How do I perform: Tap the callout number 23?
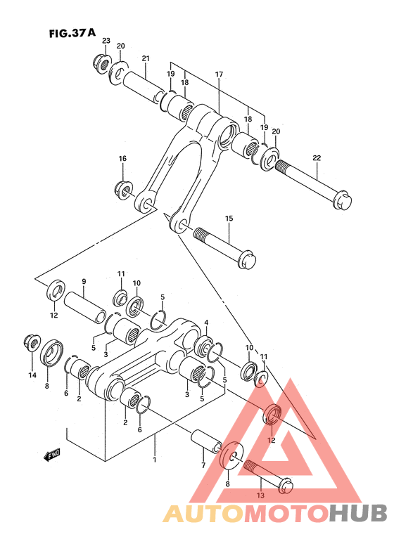[x=106, y=41]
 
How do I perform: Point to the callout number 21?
[x=146, y=58]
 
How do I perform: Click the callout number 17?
[x=219, y=74]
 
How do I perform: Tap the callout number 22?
[x=317, y=157]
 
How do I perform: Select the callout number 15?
[x=229, y=219]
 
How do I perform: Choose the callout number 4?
[x=206, y=323]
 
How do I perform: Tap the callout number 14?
[x=32, y=376]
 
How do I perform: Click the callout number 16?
[x=122, y=159]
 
